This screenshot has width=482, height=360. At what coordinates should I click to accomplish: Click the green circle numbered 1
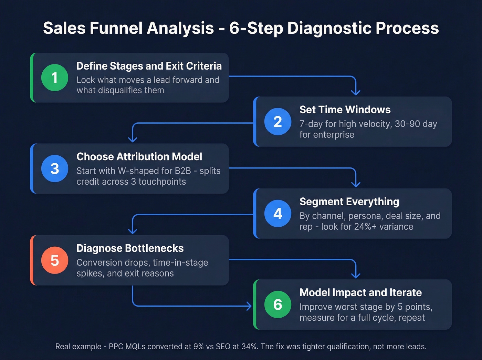tap(54, 78)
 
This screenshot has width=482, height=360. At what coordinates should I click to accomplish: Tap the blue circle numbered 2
tap(277, 122)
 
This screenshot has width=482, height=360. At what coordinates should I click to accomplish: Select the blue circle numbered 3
tap(54, 168)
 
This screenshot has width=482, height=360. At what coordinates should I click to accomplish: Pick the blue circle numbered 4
tap(277, 213)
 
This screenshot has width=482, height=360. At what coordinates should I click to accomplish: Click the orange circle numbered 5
tap(54, 260)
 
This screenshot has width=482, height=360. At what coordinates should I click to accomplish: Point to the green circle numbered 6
tap(277, 305)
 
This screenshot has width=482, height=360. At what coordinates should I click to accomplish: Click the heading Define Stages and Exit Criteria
tap(149, 66)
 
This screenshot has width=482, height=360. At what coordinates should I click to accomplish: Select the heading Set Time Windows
tap(345, 110)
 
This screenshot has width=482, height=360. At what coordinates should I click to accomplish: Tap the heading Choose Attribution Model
tap(139, 156)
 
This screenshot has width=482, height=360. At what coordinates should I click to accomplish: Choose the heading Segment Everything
tap(349, 202)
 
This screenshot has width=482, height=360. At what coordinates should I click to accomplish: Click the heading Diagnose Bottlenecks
tap(130, 248)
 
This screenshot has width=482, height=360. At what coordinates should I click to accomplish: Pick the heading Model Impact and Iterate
tap(360, 292)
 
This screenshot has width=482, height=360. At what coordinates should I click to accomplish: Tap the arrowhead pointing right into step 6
tap(249, 306)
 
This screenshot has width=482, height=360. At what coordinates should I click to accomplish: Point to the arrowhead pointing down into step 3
tap(133, 139)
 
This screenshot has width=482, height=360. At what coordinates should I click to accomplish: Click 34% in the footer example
tap(249, 347)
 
